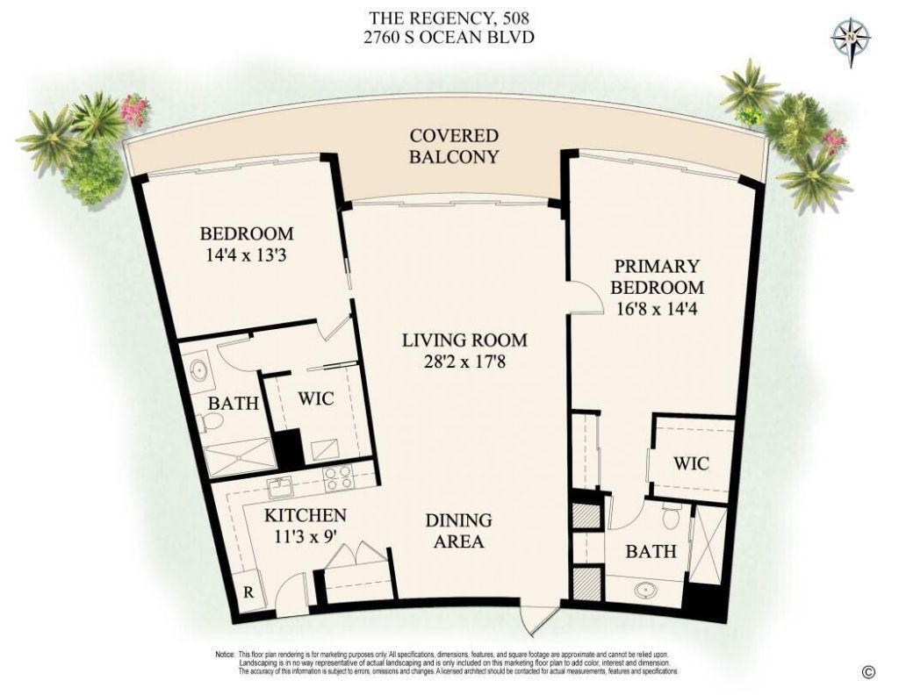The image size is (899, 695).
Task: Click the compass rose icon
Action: tap(850, 39)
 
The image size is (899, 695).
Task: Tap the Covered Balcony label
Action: tap(454, 147)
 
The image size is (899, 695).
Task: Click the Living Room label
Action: tap(464, 340)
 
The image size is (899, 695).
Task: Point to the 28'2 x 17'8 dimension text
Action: tap(464, 361)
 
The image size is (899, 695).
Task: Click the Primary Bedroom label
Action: tap(657, 276)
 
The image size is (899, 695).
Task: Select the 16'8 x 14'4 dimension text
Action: tap(657, 308)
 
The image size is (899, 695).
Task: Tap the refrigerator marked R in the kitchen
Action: tap(248, 592)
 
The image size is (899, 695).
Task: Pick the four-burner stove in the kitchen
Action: tap(338, 477)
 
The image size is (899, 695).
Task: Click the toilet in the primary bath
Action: tap(672, 516)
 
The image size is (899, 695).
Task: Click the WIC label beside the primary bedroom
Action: tap(691, 462)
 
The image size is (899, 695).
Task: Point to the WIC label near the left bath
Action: tap(315, 398)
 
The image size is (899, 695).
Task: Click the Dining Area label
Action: tap(458, 531)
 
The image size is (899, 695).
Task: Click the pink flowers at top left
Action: tap(135, 110)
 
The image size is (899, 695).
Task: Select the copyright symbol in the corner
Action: tap(868, 672)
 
